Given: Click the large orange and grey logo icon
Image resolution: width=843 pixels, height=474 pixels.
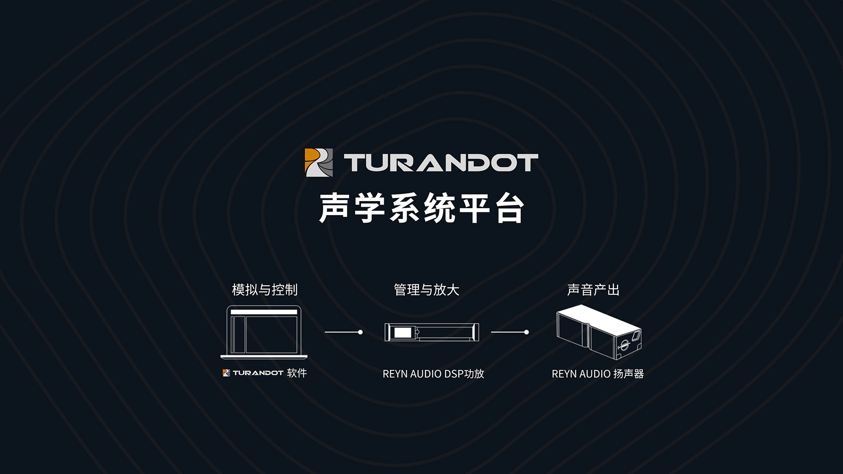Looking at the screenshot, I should pyautogui.click(x=319, y=162).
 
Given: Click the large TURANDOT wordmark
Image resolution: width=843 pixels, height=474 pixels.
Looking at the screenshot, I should pyautogui.click(x=441, y=162).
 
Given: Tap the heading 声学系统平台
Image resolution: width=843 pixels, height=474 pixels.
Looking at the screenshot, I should pyautogui.click(x=421, y=208).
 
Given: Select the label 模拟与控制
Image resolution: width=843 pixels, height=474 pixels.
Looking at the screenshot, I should pyautogui.click(x=265, y=290).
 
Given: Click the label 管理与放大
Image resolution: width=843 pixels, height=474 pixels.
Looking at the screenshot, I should pyautogui.click(x=426, y=290).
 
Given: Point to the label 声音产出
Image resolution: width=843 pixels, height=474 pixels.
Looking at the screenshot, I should pyautogui.click(x=593, y=290).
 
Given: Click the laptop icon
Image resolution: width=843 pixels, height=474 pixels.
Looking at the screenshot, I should pyautogui.click(x=264, y=332).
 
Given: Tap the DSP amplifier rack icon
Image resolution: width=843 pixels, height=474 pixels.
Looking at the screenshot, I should pyautogui.click(x=432, y=332).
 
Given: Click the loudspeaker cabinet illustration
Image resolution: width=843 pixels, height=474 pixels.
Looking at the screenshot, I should pyautogui.click(x=598, y=331).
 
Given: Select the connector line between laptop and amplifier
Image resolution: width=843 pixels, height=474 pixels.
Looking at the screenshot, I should pyautogui.click(x=342, y=332).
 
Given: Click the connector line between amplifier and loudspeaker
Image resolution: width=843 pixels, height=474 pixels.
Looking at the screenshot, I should pyautogui.click(x=508, y=332).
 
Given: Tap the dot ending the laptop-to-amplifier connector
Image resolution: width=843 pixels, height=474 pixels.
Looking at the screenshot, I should pyautogui.click(x=360, y=332).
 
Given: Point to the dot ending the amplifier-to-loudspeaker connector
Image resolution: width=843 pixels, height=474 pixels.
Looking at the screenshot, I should pyautogui.click(x=526, y=332).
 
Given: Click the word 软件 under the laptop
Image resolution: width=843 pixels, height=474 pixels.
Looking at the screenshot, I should pyautogui.click(x=297, y=373).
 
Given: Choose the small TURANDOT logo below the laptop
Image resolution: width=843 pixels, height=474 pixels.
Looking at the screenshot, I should pyautogui.click(x=253, y=373).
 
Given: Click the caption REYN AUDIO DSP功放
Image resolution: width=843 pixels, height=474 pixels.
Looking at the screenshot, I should pyautogui.click(x=433, y=374).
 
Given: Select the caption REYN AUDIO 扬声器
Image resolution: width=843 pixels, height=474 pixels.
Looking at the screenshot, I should pyautogui.click(x=598, y=374).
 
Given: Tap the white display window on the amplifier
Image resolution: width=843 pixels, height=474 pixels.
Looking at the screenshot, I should pyautogui.click(x=400, y=332).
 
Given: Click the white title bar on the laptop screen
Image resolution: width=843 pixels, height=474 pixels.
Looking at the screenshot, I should pyautogui.click(x=264, y=312).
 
